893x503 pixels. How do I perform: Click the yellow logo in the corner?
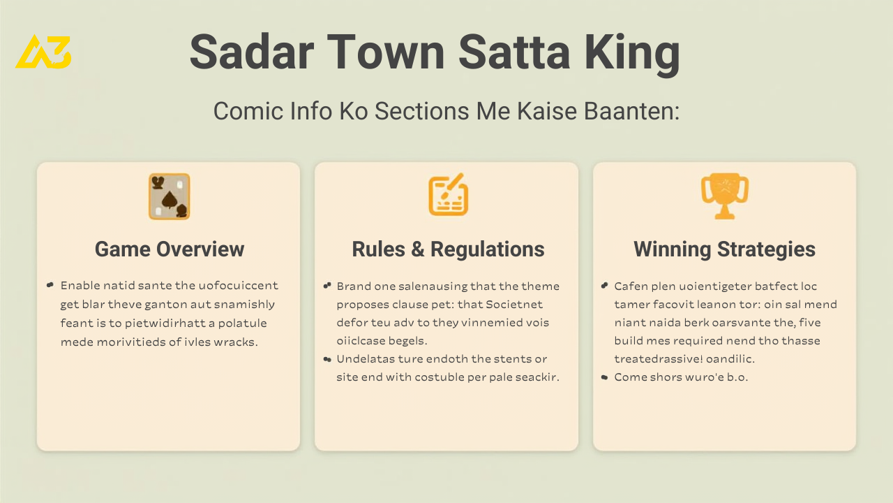(43, 52)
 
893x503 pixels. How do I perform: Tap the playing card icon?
(169, 196)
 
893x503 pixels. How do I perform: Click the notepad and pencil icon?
(448, 195)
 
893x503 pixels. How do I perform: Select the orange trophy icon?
(724, 196)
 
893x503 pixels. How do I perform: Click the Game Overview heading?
(170, 249)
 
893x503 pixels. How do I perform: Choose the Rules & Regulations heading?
(448, 249)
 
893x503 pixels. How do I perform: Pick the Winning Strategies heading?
(724, 249)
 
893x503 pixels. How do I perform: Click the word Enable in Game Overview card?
(80, 286)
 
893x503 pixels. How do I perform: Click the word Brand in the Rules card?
(354, 286)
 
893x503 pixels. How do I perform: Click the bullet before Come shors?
(604, 377)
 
